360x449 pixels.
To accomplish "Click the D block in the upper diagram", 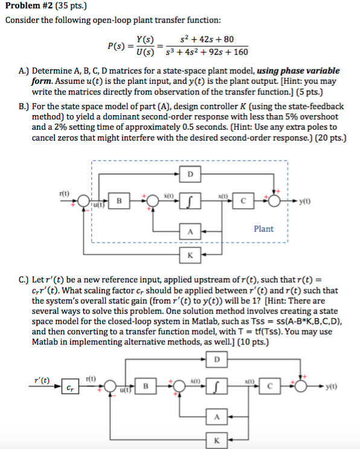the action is click(x=190, y=174).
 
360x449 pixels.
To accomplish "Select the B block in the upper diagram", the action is click(x=119, y=201).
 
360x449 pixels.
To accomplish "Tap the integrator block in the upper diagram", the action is click(x=190, y=201).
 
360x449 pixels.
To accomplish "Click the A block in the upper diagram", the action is click(x=190, y=231).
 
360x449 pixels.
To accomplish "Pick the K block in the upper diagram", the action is click(x=190, y=255).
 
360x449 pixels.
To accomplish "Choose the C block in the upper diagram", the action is click(x=243, y=201).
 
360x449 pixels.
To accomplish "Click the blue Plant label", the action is click(x=264, y=229).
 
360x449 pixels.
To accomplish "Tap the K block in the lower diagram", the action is click(x=217, y=440).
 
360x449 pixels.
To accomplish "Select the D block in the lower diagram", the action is click(x=217, y=359).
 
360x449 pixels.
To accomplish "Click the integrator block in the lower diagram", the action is click(x=217, y=386).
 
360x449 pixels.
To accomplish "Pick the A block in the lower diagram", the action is click(x=217, y=416).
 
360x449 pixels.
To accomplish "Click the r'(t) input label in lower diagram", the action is click(x=42, y=380).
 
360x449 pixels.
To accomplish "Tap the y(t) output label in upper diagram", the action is click(x=304, y=202).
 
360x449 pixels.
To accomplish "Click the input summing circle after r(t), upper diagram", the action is click(x=83, y=201).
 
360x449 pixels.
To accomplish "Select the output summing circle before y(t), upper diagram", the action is click(x=274, y=201).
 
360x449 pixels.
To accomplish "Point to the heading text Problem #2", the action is click(x=29, y=5).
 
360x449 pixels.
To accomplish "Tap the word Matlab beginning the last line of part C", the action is click(x=45, y=342).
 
